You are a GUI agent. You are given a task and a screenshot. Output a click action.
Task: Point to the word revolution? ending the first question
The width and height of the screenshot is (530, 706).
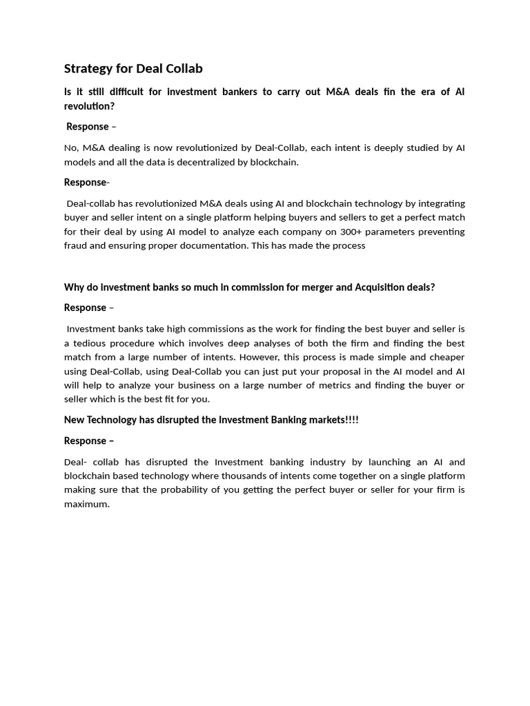(x=89, y=106)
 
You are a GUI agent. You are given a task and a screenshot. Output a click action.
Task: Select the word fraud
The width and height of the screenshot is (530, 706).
(x=77, y=245)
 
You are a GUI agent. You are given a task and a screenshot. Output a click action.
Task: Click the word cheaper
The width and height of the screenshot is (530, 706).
(x=445, y=357)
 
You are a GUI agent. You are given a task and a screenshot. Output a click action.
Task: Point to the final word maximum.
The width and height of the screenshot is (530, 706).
(x=87, y=504)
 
